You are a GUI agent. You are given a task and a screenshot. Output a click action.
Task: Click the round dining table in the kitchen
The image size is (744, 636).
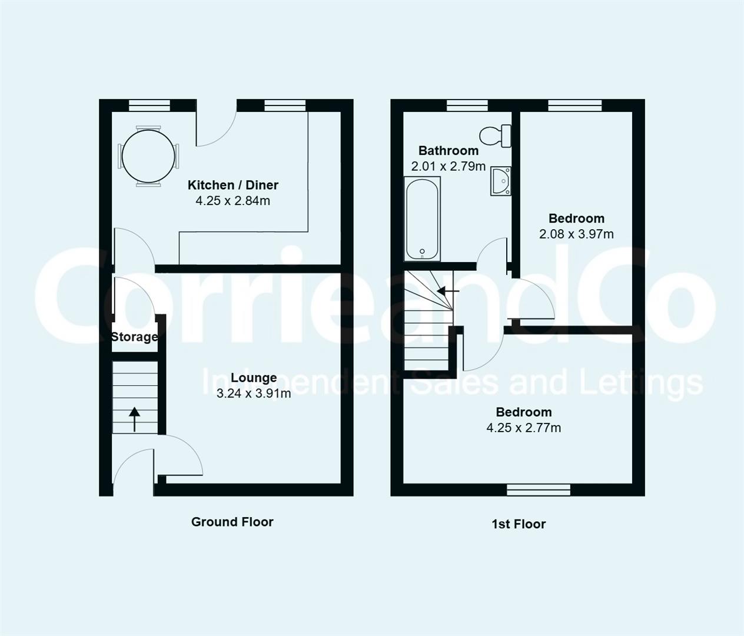[x=149, y=156]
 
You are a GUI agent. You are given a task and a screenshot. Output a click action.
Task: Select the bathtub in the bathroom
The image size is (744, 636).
[x=422, y=218]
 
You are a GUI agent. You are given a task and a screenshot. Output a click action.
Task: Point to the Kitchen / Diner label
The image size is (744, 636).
[x=232, y=185]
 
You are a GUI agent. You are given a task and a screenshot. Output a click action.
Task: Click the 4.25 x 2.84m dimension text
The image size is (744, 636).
[x=232, y=201]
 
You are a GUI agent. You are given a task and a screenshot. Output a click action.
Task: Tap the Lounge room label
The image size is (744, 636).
[x=254, y=377]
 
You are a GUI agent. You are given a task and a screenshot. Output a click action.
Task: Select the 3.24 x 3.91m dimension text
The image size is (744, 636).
[x=254, y=393]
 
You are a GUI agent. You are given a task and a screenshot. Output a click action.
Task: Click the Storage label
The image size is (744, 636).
[x=135, y=337]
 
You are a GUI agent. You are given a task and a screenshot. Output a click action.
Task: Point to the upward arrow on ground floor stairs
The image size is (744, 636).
[x=135, y=419]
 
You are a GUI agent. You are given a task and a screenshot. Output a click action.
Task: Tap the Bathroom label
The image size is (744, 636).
[x=449, y=150]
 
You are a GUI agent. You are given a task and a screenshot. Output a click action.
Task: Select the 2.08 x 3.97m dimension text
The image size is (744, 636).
[x=576, y=234]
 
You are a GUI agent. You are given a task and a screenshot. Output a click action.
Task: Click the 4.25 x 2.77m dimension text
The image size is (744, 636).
[x=523, y=428]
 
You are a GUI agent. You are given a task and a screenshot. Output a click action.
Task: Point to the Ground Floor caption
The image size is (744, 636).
[x=232, y=521]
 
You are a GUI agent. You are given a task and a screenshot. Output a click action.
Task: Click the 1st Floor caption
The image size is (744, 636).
[x=519, y=524]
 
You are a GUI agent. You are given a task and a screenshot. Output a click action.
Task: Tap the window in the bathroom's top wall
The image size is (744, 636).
[x=467, y=105]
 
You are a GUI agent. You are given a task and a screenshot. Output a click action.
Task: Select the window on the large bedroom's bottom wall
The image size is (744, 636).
[x=539, y=489]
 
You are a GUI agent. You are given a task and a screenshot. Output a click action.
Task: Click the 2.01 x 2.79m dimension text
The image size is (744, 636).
[x=449, y=166]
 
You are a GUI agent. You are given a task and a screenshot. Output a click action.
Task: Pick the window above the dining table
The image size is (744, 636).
[x=150, y=105]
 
